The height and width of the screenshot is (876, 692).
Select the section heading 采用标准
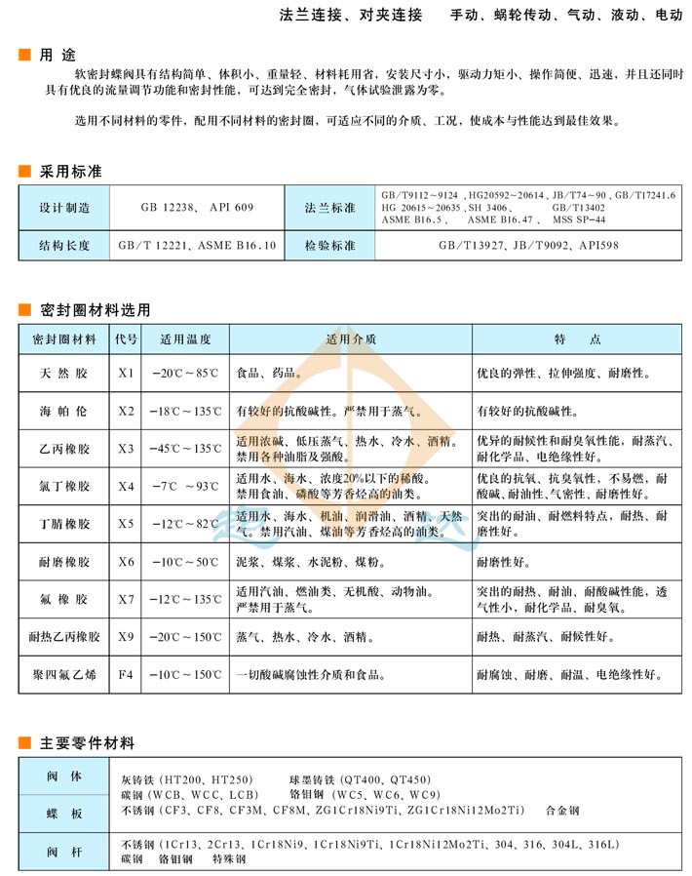tap(69, 172)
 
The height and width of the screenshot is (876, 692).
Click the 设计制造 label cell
tap(64, 208)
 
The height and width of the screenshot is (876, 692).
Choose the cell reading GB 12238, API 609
tap(196, 208)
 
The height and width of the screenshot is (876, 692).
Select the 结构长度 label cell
tap(64, 246)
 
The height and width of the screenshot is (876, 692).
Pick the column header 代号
tap(126, 339)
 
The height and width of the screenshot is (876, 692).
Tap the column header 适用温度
tap(184, 339)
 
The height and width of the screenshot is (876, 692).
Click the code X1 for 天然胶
tap(126, 374)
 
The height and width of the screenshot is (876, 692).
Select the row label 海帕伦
tap(64, 411)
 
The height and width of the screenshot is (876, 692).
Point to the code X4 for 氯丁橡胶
tap(126, 486)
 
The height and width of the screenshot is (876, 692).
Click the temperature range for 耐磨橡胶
tap(184, 562)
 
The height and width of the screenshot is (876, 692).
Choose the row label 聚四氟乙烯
tap(64, 673)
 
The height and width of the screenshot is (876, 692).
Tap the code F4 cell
tap(126, 673)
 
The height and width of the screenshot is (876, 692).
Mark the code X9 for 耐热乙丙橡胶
tap(126, 637)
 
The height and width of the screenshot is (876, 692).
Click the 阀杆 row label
tap(64, 851)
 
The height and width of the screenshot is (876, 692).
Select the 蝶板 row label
tap(64, 812)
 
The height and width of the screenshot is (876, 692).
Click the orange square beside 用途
tap(24, 55)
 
